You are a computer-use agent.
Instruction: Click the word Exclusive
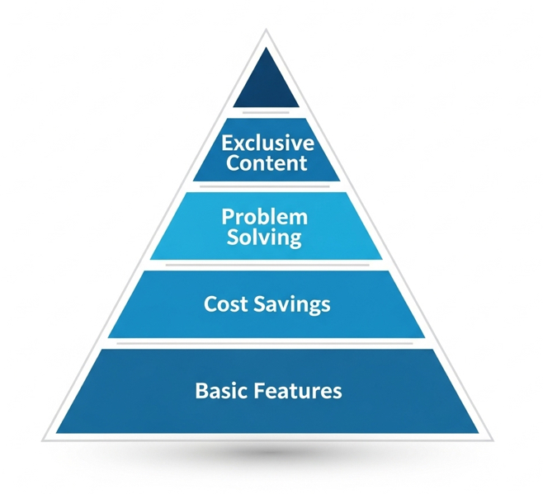click(267, 143)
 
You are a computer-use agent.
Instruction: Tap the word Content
click(267, 162)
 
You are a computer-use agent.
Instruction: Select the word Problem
click(265, 217)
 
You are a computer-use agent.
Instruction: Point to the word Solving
click(264, 238)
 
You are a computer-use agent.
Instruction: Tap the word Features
click(298, 390)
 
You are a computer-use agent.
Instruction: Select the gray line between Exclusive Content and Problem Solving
click(265, 186)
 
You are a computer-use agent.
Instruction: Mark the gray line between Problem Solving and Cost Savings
click(267, 265)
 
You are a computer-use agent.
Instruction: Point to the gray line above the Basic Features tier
click(265, 343)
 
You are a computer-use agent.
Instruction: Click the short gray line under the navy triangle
click(266, 112)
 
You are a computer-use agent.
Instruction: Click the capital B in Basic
click(201, 390)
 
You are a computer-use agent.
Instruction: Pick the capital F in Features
click(259, 390)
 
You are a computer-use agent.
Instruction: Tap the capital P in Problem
click(228, 217)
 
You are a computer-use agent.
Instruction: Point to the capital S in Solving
click(233, 237)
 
